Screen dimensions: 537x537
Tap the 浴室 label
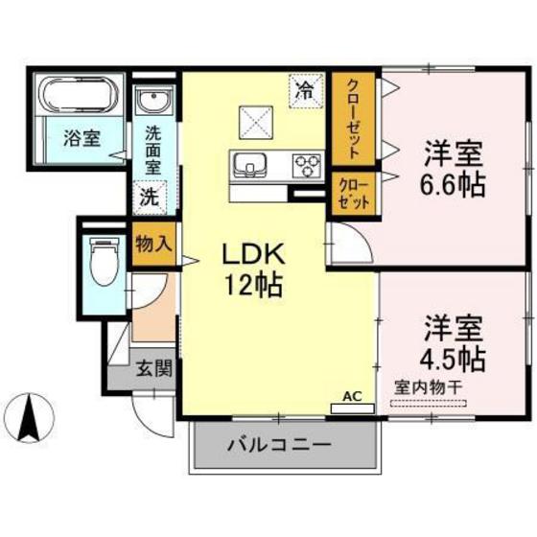(x=81, y=137)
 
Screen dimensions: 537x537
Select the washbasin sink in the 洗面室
(x=152, y=101)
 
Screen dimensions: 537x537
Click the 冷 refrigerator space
(x=305, y=92)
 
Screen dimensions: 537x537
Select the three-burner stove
(x=308, y=167)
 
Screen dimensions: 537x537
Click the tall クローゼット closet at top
(x=354, y=117)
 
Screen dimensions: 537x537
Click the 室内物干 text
(x=430, y=387)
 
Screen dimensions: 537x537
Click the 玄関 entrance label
(x=152, y=368)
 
